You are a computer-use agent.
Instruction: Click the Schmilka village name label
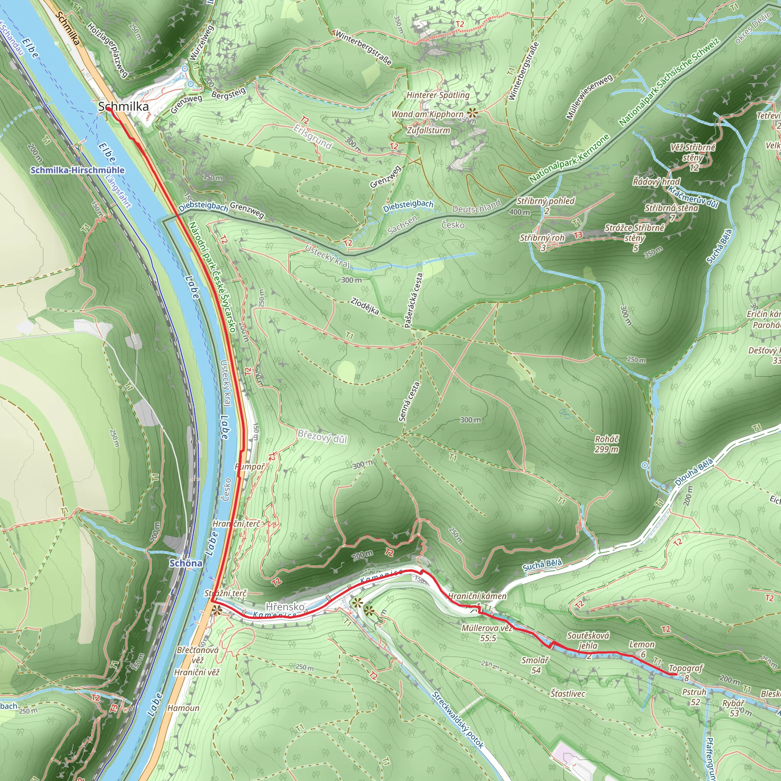123,107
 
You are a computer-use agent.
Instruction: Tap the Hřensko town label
284,607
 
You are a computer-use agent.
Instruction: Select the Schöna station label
186,563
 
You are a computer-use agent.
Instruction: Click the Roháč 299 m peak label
606,444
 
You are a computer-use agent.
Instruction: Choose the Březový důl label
322,437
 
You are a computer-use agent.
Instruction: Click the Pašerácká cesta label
413,300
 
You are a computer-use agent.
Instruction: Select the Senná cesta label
409,402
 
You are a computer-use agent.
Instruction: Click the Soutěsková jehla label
588,640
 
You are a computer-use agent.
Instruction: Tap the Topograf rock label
686,668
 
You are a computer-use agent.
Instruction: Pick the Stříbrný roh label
542,238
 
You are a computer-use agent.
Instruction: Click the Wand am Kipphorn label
427,114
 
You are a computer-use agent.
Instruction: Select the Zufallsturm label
428,130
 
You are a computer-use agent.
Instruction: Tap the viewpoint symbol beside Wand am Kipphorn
471,113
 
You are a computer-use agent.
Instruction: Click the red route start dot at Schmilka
109,109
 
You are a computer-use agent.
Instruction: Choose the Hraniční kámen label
477,596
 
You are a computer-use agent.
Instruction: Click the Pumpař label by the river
249,467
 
